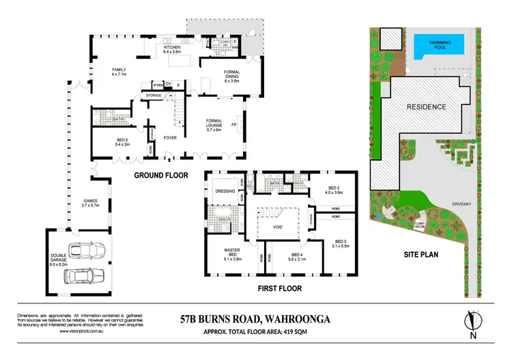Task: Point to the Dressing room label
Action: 225,191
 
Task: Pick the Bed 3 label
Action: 339,243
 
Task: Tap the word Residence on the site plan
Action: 427,107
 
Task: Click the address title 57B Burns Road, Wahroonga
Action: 255,319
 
